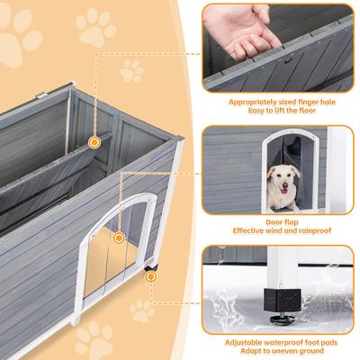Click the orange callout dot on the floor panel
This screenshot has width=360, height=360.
[x=94, y=142]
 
